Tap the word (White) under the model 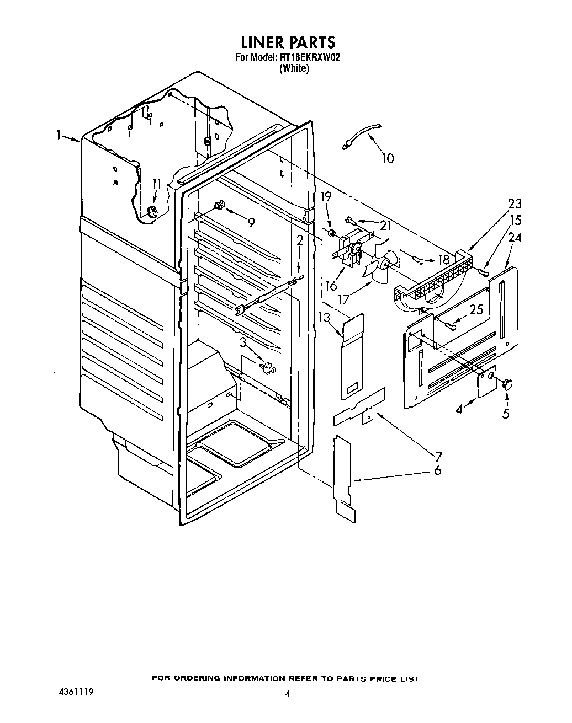[294, 68]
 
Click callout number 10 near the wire [388, 159]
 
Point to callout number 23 [515, 203]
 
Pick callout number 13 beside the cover [324, 317]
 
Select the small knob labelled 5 [507, 383]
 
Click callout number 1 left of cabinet [59, 135]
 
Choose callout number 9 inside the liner [251, 223]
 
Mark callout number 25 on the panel [476, 310]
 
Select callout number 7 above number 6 [438, 456]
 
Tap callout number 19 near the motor [326, 196]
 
